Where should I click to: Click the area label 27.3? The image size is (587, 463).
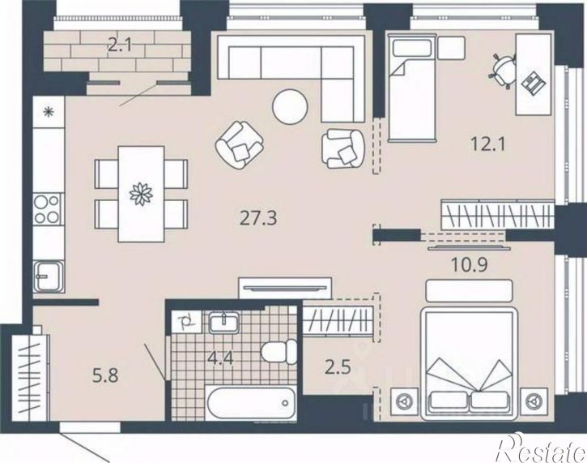[x=258, y=218]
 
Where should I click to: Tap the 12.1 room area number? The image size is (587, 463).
[x=487, y=144]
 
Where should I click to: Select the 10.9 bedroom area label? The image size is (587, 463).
[x=469, y=264]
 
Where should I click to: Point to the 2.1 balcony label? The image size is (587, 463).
[x=120, y=45]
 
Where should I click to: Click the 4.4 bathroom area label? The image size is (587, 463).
[x=221, y=358]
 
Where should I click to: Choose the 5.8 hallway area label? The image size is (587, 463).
[x=105, y=375]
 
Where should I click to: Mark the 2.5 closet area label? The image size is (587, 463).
[x=338, y=367]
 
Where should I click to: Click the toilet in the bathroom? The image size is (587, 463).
[x=279, y=352]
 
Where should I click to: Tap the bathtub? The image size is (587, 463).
[x=251, y=403]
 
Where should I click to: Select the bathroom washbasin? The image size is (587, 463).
[x=223, y=323]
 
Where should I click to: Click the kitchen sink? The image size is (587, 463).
[x=48, y=277]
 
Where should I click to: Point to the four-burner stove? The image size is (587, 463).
[x=47, y=209]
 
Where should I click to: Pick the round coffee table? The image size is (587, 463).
[x=291, y=106]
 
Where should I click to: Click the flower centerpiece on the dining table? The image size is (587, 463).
[x=141, y=194]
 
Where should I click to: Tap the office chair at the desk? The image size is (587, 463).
[x=503, y=70]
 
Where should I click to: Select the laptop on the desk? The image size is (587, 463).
[x=533, y=83]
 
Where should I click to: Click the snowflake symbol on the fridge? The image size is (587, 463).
[x=49, y=111]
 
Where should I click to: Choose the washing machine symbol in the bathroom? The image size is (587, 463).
[x=186, y=322]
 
